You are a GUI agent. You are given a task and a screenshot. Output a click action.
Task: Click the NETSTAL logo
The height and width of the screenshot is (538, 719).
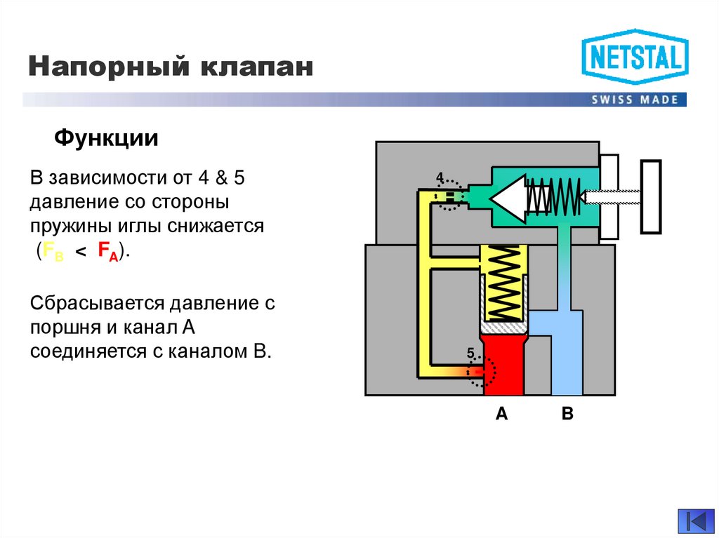[x=635, y=57]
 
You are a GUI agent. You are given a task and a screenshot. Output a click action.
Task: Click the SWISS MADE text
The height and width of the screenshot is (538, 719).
[x=635, y=100]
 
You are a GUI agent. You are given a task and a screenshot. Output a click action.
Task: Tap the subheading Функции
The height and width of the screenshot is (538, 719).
[x=106, y=138]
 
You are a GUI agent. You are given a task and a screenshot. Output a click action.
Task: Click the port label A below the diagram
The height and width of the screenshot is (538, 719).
[x=501, y=414]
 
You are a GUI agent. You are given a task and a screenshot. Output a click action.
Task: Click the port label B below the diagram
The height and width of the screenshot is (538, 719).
[x=567, y=414]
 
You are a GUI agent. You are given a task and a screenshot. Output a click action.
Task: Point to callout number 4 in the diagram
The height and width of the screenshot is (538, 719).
[x=440, y=177]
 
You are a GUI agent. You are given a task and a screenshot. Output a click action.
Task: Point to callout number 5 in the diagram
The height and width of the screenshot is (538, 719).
[x=470, y=353]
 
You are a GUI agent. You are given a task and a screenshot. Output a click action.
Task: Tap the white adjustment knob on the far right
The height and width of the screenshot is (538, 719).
[x=651, y=196]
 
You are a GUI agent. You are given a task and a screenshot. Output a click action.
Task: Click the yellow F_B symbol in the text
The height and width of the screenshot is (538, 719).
[x=53, y=252]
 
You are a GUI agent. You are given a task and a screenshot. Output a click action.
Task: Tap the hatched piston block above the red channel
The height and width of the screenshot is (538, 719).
[x=501, y=326]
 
